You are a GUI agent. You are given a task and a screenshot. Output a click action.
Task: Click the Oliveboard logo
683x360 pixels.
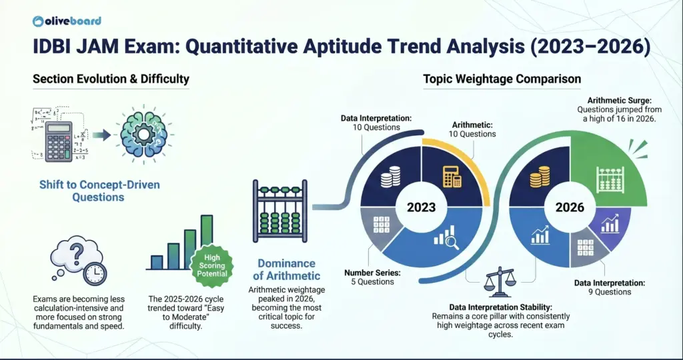pyautogui.click(x=67, y=20)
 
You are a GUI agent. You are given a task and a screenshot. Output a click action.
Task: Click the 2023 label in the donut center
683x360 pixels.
pyautogui.click(x=421, y=207)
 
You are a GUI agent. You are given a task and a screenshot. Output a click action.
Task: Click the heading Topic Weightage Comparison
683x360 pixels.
pyautogui.click(x=502, y=79)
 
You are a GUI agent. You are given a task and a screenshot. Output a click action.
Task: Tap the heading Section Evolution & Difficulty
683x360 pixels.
pyautogui.click(x=111, y=79)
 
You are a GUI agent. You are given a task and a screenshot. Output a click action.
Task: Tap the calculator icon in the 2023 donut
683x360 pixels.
pyautogui.click(x=453, y=175)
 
